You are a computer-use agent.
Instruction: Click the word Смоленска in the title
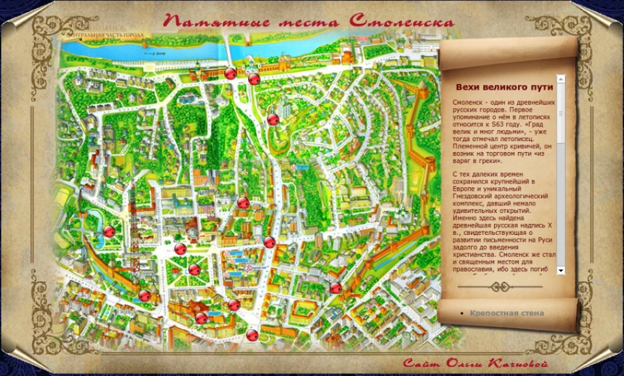point(402,21)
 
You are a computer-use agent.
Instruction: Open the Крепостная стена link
point(506,313)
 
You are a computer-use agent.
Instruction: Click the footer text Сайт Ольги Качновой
point(475,363)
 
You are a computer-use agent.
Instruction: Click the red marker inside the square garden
point(194,269)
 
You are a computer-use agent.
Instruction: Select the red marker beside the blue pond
point(109,231)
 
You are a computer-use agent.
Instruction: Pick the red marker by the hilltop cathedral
point(273,119)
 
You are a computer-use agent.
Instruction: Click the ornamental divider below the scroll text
point(500,286)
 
